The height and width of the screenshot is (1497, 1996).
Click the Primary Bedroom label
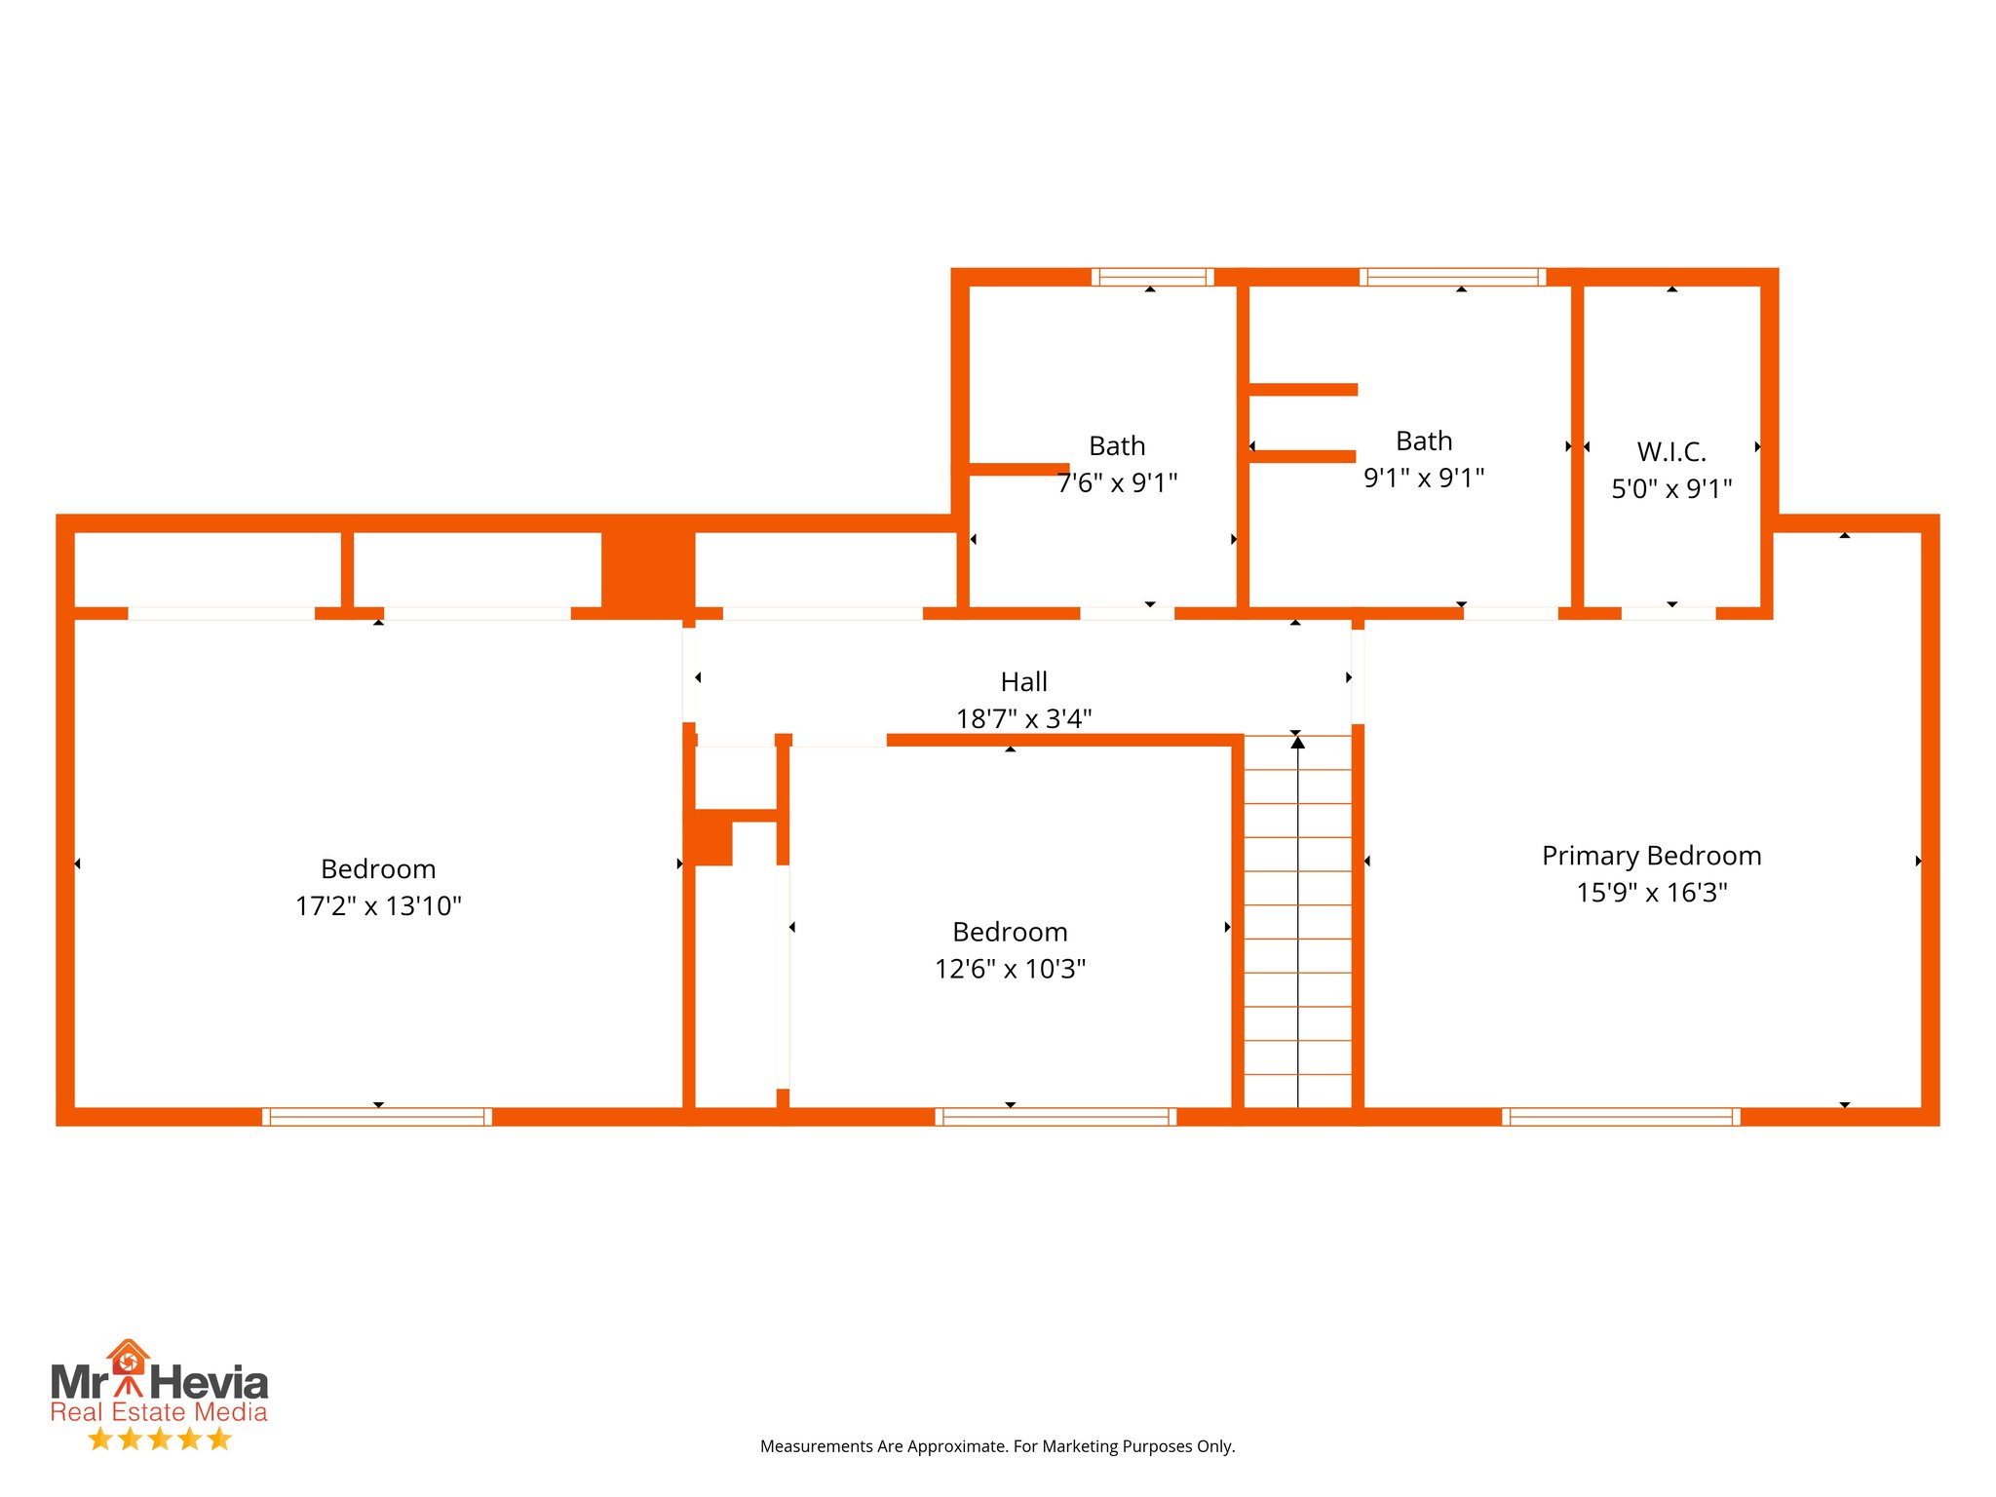pyautogui.click(x=1651, y=856)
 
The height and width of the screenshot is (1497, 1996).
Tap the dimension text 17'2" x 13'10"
pyautogui.click(x=378, y=906)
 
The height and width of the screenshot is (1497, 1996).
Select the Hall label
pyautogui.click(x=1023, y=682)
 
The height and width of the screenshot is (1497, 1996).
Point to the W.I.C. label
pyautogui.click(x=1671, y=452)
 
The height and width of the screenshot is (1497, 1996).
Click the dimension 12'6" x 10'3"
pyautogui.click(x=1010, y=969)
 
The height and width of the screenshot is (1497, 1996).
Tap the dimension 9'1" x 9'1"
pyautogui.click(x=1424, y=478)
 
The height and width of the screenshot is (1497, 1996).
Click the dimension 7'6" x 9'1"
pyautogui.click(x=1117, y=482)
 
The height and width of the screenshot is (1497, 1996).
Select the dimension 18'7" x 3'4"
pyautogui.click(x=1023, y=719)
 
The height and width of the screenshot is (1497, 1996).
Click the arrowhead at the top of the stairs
pyautogui.click(x=1297, y=743)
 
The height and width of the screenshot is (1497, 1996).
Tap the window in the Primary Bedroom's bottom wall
pyautogui.click(x=1621, y=1117)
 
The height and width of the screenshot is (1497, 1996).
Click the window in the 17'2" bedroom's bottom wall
pyautogui.click(x=377, y=1117)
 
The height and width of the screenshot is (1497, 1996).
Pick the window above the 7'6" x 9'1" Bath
pyautogui.click(x=1152, y=277)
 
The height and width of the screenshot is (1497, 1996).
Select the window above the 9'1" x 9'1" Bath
pyautogui.click(x=1452, y=277)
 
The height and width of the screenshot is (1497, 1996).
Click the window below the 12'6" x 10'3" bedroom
pyautogui.click(x=1056, y=1117)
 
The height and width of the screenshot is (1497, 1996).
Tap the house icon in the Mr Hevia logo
pyautogui.click(x=128, y=1359)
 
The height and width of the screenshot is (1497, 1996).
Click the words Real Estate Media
pyautogui.click(x=159, y=1412)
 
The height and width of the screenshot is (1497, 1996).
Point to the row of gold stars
pyautogui.click(x=159, y=1439)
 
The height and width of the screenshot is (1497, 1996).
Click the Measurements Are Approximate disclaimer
pyautogui.click(x=997, y=1446)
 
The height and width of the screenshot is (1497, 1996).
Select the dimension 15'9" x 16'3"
pyautogui.click(x=1651, y=893)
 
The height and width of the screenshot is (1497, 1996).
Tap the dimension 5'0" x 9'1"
pyautogui.click(x=1671, y=489)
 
